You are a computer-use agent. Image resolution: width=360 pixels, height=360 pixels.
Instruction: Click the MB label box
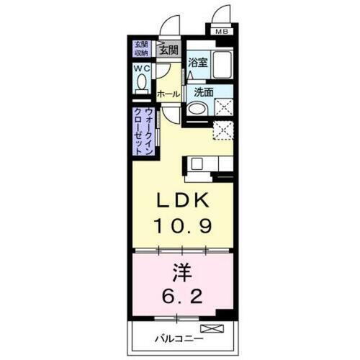[222, 30]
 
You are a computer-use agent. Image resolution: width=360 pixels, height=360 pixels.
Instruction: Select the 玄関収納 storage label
[141, 49]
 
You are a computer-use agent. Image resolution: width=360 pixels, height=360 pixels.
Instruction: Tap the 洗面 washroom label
[203, 92]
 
